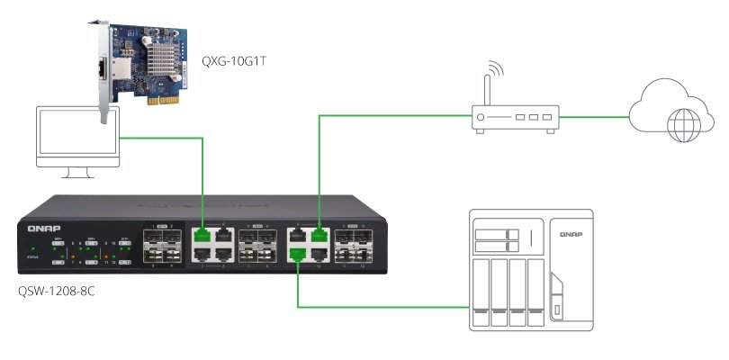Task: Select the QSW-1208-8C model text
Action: coord(60,292)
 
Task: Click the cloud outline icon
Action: coord(670,107)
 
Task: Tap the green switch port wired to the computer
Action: coord(202,235)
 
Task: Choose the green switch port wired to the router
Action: coord(319,236)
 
